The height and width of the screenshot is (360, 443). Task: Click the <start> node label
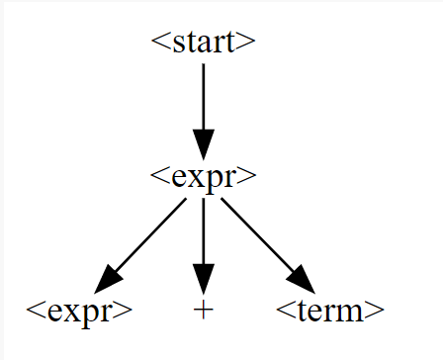coord(203,42)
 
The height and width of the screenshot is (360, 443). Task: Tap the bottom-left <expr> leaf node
coord(79,311)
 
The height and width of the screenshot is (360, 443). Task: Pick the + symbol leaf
coord(203,311)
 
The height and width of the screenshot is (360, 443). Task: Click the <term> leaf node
coord(329,311)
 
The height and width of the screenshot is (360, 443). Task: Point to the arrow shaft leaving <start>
coord(203,94)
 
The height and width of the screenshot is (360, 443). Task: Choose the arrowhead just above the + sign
coord(203,277)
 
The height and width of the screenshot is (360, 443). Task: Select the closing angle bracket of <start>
coord(249,43)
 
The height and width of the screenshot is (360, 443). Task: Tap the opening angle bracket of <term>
coord(282,312)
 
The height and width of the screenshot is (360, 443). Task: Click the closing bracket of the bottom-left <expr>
coord(126,312)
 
